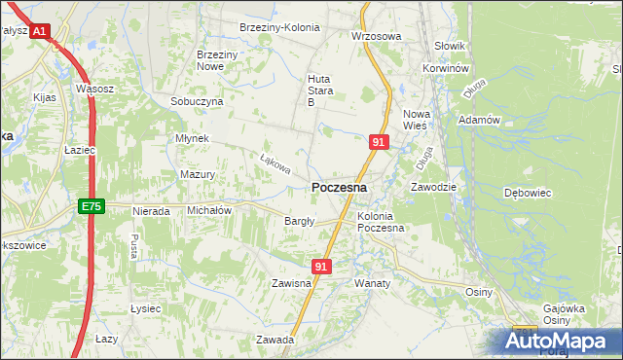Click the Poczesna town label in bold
pos(339,188)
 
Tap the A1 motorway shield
pos(39,32)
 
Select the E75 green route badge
pos(91,206)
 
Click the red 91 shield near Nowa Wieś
pos(380,142)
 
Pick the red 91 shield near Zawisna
pos(323,265)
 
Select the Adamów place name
pos(479,120)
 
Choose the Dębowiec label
pos(527,193)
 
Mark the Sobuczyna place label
pos(197,101)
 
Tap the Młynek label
pos(192,138)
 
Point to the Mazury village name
pos(198,174)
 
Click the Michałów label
pos(208,210)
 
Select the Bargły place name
pos(299,221)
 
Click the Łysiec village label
pos(145,308)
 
